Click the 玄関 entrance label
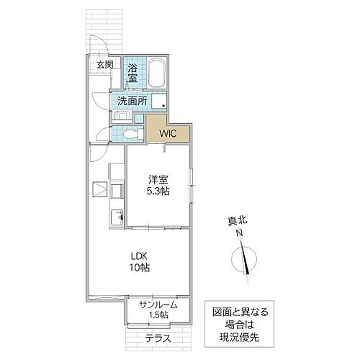104,65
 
